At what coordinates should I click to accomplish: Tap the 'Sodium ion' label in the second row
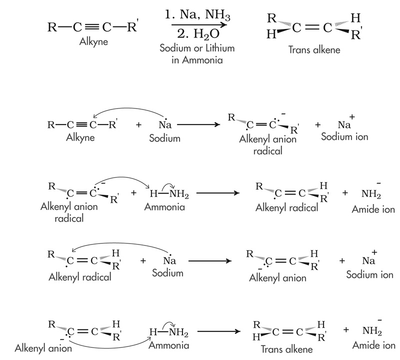pyautogui.click(x=344, y=136)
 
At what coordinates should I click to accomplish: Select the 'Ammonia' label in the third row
pyautogui.click(x=161, y=207)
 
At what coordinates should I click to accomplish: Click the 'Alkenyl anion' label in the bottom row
pyautogui.click(x=43, y=348)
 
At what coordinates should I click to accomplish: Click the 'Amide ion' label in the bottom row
pyautogui.click(x=373, y=345)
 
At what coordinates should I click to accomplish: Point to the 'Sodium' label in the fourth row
pyautogui.click(x=168, y=273)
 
